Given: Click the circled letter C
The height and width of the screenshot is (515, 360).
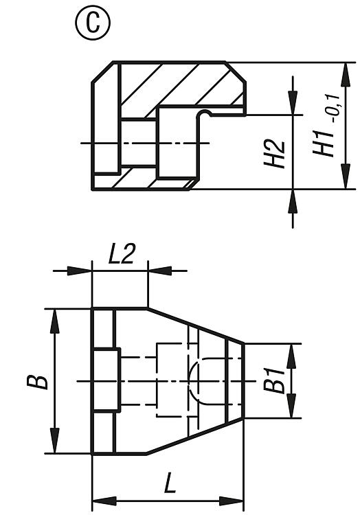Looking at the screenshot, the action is [93, 23].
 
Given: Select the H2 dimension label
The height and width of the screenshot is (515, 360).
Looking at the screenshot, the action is [274, 154].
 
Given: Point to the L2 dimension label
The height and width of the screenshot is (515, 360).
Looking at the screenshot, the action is [121, 254].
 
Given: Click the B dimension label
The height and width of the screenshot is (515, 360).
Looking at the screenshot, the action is [38, 382].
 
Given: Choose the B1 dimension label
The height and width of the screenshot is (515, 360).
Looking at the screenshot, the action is [274, 380].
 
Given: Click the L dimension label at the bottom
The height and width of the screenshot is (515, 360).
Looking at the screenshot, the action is [170, 483].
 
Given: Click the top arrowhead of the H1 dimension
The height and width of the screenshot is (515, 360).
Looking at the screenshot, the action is [345, 75].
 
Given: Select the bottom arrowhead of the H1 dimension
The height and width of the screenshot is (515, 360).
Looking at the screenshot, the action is [345, 176].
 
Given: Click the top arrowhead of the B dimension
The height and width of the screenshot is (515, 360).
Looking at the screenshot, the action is [55, 321].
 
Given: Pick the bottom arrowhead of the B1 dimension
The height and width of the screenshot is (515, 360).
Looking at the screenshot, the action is [291, 406].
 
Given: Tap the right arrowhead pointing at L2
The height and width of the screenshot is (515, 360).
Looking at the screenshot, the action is [160, 271].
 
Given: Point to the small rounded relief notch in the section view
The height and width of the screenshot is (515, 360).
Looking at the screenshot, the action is [205, 113].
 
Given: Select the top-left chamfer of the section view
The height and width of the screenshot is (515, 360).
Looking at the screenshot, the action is [102, 72].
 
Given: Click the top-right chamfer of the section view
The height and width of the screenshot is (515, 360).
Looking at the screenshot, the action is [235, 72].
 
